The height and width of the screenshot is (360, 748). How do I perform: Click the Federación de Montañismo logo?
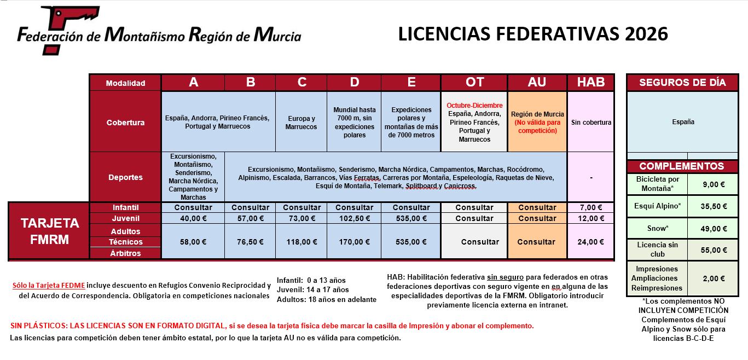(159, 31)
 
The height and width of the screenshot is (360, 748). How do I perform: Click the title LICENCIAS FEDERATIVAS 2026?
(533, 34)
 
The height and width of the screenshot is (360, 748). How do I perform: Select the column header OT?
(474, 82)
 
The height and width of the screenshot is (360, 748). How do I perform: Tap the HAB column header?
(591, 82)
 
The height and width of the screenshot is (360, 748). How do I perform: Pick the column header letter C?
(301, 82)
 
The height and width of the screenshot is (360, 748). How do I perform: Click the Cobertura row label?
(125, 122)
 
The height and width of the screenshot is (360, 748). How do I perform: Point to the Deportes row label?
(125, 177)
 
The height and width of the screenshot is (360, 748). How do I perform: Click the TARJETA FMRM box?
(50, 231)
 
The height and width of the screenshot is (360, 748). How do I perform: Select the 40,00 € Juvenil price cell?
(193, 218)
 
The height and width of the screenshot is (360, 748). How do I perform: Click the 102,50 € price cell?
(354, 218)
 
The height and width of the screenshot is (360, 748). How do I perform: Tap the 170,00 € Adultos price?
(354, 242)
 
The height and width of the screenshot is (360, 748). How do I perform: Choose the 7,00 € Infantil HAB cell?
(591, 207)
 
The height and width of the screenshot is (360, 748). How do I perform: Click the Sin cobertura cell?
(591, 123)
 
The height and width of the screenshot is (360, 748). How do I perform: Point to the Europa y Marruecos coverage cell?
(301, 123)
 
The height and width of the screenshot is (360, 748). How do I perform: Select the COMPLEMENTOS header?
(681, 166)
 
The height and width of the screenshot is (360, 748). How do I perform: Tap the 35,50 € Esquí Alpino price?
(714, 207)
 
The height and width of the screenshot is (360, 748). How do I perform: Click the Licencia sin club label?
(657, 249)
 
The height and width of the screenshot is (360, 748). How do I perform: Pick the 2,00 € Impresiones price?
(714, 278)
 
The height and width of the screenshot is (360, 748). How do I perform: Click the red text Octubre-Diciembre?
(474, 105)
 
